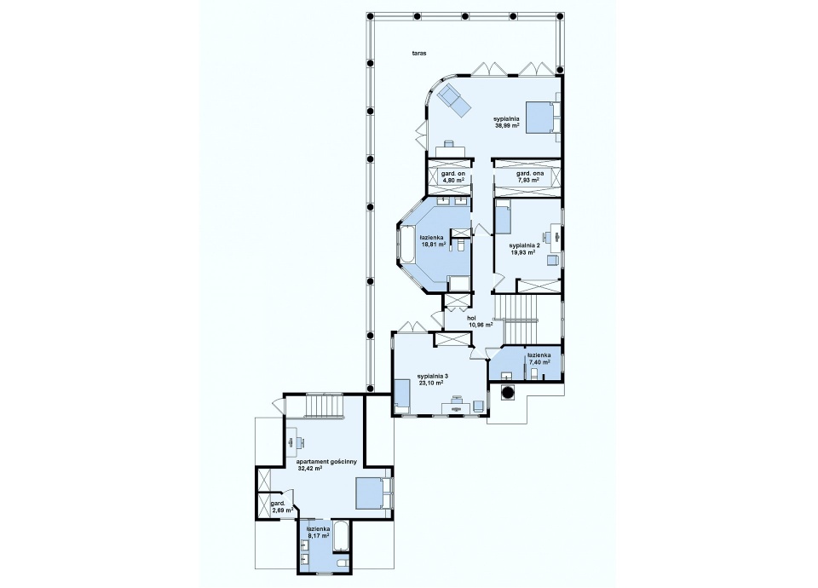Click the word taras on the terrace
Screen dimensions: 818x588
point(419,53)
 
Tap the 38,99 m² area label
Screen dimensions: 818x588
point(506,125)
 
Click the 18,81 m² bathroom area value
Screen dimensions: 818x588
point(433,244)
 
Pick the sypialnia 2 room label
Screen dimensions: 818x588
point(524,245)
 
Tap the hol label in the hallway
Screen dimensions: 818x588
point(471,318)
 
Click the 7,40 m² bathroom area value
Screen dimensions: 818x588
point(539,361)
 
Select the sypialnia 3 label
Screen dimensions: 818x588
point(433,376)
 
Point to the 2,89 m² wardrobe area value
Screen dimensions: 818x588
point(282,510)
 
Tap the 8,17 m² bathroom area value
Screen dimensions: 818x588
point(318,535)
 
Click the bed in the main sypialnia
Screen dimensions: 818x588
point(543,118)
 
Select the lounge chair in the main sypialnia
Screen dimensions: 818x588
point(454,100)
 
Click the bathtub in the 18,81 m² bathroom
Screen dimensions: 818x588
point(406,245)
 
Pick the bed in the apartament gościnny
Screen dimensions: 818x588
point(373,493)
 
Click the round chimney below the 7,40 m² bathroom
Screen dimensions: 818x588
point(508,391)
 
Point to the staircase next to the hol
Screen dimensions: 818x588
point(516,319)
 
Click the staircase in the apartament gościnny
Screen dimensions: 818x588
point(324,406)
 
